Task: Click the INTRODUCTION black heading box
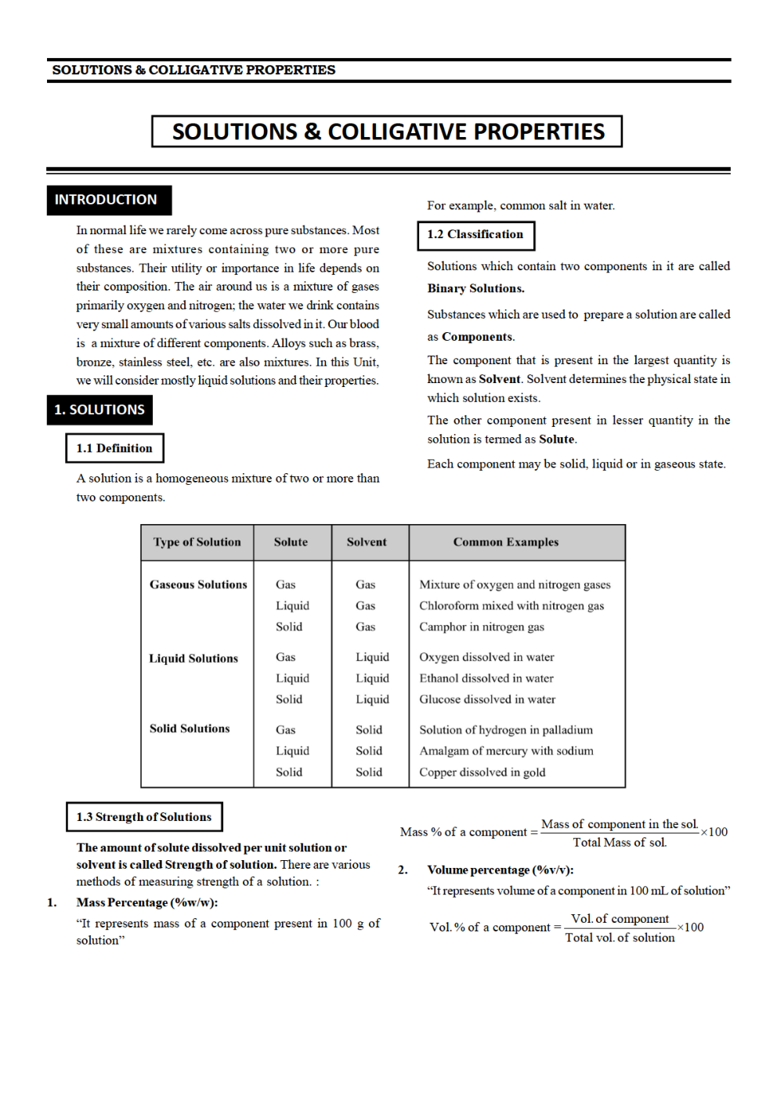tap(108, 200)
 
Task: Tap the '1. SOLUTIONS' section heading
tap(99, 410)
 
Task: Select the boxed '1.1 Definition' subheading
tap(114, 448)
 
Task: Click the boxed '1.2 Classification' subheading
tap(475, 235)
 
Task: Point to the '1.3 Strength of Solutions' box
tap(144, 817)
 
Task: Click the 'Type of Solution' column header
tap(197, 542)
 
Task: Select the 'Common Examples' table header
tap(505, 542)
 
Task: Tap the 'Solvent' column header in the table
tap(367, 542)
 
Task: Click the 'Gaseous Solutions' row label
tap(198, 584)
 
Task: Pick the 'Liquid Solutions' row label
tap(193, 659)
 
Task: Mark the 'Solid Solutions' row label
tap(190, 728)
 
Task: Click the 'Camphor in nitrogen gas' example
tap(481, 627)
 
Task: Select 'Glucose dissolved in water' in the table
tap(487, 700)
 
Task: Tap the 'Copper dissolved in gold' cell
tap(482, 772)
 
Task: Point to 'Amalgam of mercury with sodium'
tap(506, 750)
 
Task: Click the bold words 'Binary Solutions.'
tap(475, 288)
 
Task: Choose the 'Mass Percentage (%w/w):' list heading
tap(146, 902)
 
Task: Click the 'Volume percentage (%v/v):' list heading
tap(500, 870)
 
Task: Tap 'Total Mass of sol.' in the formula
tap(620, 843)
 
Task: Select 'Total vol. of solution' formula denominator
tap(620, 938)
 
